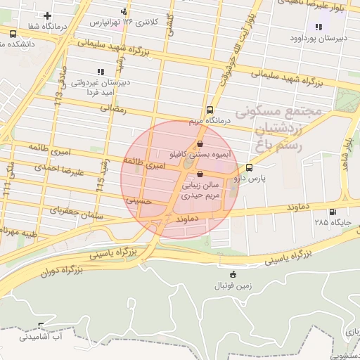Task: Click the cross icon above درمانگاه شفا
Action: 47,15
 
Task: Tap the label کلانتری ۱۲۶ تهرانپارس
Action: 119,22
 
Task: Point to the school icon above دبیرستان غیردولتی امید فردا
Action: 99,71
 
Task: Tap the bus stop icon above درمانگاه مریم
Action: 210,110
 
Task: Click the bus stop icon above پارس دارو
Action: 249,167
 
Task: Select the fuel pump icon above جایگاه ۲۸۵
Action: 332,212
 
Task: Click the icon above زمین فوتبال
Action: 233,274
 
